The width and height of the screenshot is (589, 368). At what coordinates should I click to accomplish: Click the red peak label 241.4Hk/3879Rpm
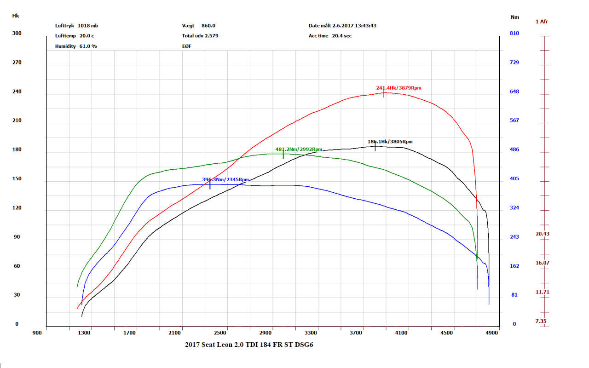398,88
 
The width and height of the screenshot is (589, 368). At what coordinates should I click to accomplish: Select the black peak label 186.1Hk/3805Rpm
390,142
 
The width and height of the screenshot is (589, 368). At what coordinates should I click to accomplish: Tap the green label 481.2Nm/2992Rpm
299,149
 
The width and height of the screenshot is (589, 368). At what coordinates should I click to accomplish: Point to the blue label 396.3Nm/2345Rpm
225,180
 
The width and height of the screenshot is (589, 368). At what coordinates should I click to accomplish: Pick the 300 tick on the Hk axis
17,33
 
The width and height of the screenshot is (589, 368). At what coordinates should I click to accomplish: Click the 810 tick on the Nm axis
514,34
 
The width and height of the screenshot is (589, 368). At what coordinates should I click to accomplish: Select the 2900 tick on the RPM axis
266,333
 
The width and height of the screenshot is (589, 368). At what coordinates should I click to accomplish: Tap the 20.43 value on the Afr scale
542,234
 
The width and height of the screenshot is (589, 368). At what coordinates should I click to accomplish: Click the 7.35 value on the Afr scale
542,321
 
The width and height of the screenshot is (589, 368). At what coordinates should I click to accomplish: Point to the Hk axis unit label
16,16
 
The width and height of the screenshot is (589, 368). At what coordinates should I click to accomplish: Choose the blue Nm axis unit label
515,17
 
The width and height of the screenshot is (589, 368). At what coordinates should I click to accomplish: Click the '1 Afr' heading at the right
542,22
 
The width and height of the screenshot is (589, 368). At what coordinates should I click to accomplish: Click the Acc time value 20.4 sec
342,36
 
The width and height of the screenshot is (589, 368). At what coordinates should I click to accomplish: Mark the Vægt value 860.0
208,26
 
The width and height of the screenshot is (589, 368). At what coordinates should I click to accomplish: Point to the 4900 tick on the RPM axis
492,333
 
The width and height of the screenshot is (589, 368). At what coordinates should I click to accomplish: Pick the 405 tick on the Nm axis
514,178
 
